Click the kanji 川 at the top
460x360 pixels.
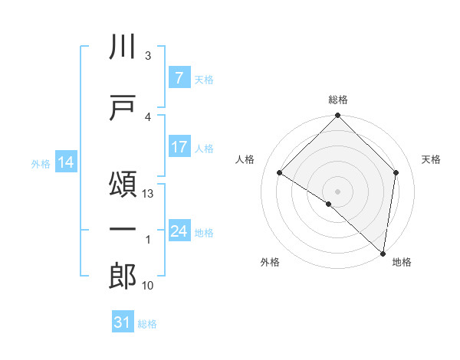click(123, 48)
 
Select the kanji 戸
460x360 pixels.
click(123, 108)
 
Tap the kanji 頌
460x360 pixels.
click(123, 185)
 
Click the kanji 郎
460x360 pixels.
click(123, 277)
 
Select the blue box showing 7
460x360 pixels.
click(179, 78)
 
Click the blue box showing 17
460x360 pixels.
click(179, 147)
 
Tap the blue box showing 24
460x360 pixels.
click(179, 231)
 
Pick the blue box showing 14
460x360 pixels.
click(66, 162)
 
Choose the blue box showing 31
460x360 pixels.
click(123, 322)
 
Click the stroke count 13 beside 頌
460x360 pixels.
click(149, 194)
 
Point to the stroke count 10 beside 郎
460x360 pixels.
click(149, 286)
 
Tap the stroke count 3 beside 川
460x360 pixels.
click(147, 56)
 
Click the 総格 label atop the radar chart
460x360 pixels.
click(337, 100)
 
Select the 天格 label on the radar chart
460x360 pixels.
click(431, 159)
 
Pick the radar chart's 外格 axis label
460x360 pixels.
click(270, 262)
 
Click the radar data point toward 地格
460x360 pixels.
click(383, 253)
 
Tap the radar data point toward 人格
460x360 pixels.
click(280, 173)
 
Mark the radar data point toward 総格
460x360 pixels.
click(337, 116)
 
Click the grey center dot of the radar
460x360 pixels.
click(337, 191)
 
